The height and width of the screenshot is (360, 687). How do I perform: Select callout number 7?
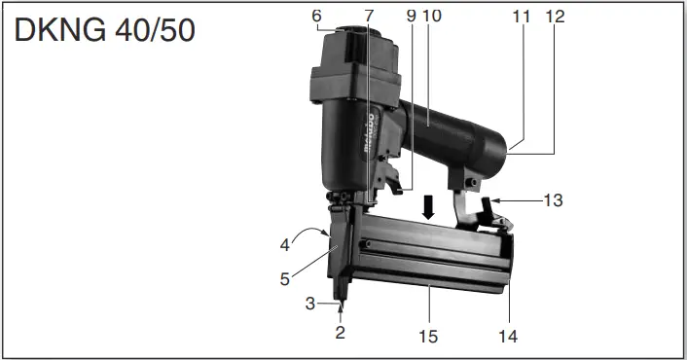[369, 16]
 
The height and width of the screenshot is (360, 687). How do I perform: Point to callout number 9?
[411, 16]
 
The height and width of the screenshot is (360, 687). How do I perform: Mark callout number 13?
[552, 201]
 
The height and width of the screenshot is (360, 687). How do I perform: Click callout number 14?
[507, 336]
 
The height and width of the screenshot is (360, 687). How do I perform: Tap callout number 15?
[427, 336]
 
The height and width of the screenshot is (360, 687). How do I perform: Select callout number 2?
[341, 332]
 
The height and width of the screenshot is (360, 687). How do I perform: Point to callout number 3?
[310, 304]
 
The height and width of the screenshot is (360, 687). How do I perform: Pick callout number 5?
[285, 278]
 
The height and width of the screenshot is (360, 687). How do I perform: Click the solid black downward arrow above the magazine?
[425, 205]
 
